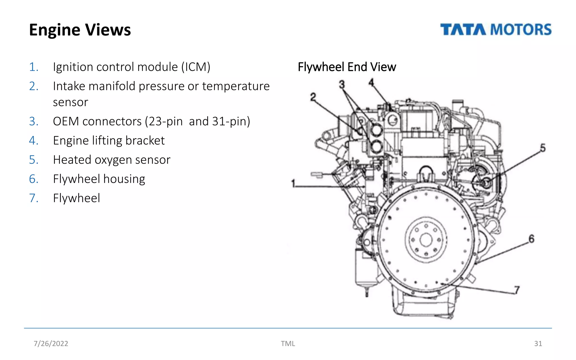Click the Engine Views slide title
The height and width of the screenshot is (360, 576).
click(80, 30)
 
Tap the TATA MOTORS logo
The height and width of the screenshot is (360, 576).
click(496, 30)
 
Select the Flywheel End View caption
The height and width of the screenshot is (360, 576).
click(347, 67)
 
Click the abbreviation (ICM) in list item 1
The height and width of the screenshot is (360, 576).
click(195, 67)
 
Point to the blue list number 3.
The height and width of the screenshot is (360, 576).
click(34, 121)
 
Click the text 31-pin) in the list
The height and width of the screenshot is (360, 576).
click(231, 121)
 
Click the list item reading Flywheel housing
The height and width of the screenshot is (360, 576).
click(99, 179)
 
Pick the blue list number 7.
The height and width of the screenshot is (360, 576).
click(34, 198)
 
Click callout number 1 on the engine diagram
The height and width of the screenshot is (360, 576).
click(293, 184)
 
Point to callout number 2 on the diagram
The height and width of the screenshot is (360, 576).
click(313, 97)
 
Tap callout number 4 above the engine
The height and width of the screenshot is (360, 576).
click(371, 82)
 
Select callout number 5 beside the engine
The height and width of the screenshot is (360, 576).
click(543, 148)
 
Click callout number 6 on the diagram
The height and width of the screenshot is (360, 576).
click(531, 239)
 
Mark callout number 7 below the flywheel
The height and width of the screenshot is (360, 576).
click(517, 290)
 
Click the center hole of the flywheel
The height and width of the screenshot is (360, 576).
click(426, 240)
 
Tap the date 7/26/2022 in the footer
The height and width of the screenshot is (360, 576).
click(51, 343)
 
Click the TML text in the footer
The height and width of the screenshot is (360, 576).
click(288, 343)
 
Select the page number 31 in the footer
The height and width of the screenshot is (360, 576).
click(538, 343)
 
